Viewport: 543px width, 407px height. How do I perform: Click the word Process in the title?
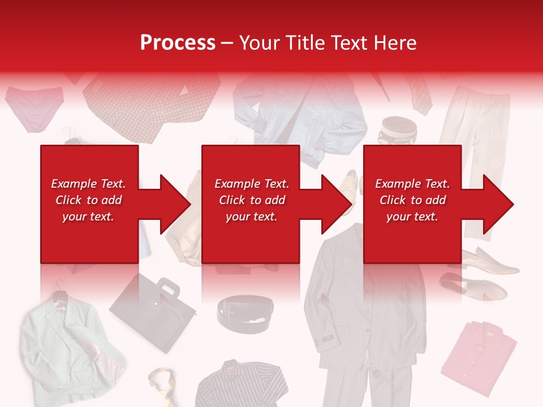178,43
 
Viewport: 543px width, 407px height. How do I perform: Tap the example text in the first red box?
88,200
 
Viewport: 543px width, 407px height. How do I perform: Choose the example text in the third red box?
412,200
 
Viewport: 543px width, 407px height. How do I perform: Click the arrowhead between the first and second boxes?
170,204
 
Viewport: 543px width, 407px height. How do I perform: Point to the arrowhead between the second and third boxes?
331,204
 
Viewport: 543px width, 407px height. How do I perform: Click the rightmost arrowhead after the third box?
493,204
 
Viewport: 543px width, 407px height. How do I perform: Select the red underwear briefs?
34,107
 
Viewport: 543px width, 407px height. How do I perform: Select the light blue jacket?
300,113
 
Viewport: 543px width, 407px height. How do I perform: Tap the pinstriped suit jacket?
351,305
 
